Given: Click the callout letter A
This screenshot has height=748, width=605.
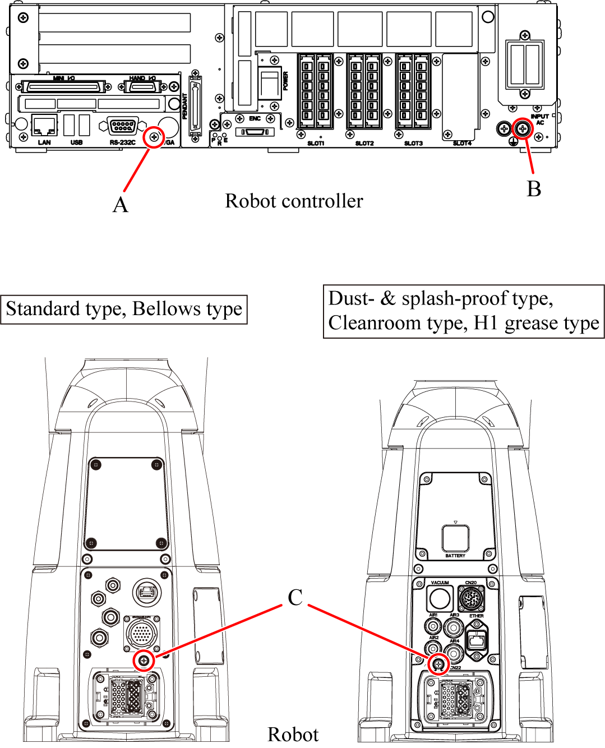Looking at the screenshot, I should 121,205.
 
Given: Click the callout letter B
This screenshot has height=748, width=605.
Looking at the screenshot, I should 534,189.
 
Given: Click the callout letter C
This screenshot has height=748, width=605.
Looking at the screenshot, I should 295,597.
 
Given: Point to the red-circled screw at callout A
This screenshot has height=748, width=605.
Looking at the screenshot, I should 154,137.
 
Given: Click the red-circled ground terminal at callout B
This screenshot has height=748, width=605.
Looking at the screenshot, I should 524,129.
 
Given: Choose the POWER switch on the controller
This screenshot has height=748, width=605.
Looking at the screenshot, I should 270,82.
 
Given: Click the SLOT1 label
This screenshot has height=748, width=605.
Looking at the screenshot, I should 316,144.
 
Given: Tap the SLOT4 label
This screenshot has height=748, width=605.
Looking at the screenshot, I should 462,144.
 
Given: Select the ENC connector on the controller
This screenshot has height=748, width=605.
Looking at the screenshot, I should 255,132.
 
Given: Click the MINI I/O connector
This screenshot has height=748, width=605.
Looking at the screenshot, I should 63,87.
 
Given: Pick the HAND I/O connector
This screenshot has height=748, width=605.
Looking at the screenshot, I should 142,87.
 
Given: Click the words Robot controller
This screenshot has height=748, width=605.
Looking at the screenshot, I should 294,201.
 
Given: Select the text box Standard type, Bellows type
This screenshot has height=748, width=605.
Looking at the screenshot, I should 124,310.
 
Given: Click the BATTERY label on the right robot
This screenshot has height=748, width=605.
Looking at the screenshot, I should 455,556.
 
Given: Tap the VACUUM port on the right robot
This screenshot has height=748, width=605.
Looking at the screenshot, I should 440,598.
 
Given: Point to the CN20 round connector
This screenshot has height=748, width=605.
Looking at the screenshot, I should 471,599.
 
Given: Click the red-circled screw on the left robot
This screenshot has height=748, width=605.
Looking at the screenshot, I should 145,661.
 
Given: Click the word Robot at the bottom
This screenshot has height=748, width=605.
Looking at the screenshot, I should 293,735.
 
